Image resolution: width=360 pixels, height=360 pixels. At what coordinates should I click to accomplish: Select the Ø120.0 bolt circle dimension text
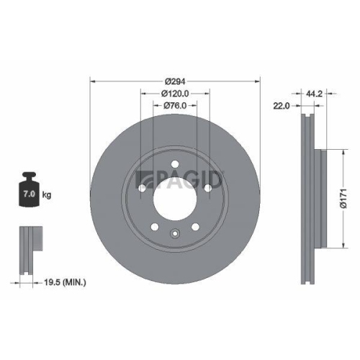(x=175, y=94)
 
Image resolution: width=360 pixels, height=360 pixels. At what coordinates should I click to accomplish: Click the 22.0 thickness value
(x=282, y=106)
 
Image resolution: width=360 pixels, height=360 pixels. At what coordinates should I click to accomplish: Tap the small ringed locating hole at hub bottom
(x=175, y=233)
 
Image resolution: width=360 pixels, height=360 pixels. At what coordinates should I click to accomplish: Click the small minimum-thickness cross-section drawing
(x=29, y=248)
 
